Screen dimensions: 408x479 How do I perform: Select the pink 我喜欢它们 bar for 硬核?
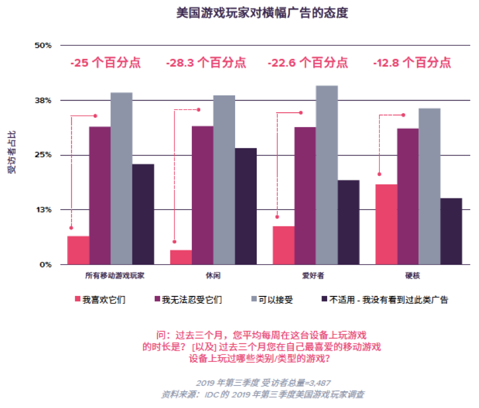tap(386, 224)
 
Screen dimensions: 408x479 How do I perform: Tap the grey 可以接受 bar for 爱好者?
tap(327, 175)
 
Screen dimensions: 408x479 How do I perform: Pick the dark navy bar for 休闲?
tap(246, 206)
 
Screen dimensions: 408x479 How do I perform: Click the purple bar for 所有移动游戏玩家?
tap(100, 195)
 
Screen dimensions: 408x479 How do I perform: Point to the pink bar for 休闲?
tap(181, 257)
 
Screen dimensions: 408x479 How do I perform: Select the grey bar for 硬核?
tap(430, 186)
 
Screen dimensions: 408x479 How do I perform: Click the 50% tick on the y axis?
tap(43, 45)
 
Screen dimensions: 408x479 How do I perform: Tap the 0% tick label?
tap(45, 264)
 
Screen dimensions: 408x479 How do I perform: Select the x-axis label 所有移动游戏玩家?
tap(110, 275)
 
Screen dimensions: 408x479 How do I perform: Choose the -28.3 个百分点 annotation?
tap(206, 63)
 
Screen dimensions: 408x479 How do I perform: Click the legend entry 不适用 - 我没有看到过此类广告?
tap(389, 300)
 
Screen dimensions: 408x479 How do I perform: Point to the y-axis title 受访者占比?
tap(12, 153)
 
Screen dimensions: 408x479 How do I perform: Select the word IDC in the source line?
tap(207, 395)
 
